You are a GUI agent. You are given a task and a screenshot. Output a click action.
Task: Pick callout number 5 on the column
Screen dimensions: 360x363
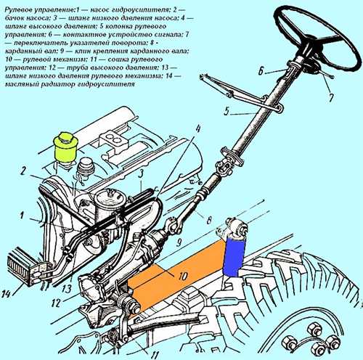coord(228,112)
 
